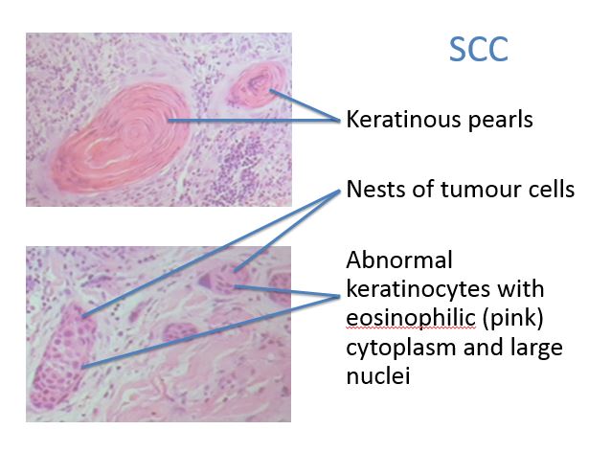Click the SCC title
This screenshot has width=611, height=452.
pyautogui.click(x=479, y=49)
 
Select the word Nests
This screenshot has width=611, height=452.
pyautogui.click(x=374, y=190)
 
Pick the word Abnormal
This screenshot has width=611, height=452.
pyautogui.click(x=399, y=260)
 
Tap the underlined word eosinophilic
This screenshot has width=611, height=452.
pyautogui.click(x=411, y=319)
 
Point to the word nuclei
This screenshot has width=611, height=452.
pyautogui.click(x=378, y=376)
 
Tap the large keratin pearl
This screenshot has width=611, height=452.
pyautogui.click(x=121, y=138)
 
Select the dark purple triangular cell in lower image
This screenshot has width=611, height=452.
pyautogui.click(x=207, y=281)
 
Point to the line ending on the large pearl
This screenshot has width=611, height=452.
pyautogui.click(x=254, y=121)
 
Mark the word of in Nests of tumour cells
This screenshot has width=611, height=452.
pyautogui.click(x=421, y=190)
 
